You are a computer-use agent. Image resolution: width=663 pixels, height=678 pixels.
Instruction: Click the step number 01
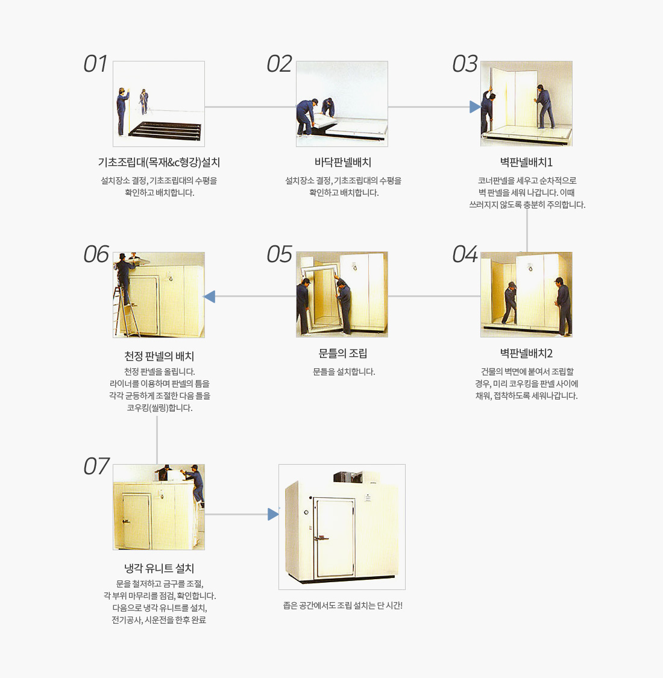pos(96,64)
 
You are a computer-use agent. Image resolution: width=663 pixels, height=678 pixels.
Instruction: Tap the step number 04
pos(465,254)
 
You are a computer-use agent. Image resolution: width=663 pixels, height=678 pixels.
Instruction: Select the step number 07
pos(96,466)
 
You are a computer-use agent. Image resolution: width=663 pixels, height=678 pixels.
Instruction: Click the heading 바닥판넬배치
pos(343,163)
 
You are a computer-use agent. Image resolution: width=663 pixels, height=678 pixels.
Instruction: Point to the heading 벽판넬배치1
pos(526,163)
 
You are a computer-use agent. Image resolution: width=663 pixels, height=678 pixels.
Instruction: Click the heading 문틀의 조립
pos(343,354)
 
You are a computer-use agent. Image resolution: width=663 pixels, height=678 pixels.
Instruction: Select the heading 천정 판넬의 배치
pos(159,356)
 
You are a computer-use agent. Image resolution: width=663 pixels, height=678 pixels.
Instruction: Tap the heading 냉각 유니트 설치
pos(159,568)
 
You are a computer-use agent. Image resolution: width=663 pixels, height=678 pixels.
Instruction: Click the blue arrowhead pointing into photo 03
pos(475,107)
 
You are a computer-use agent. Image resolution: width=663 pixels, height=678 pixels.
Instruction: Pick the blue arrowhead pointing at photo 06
pos(209,297)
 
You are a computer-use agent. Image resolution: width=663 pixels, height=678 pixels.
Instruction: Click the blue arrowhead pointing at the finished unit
pos(273,514)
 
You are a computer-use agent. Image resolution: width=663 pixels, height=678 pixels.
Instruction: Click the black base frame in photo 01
pos(166,131)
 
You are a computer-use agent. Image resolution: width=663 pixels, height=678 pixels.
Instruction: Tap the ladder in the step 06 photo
pos(125,312)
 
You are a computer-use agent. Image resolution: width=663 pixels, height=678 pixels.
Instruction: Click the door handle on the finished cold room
pos(321,538)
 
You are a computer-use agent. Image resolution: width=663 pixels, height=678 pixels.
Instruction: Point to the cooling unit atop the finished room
pos(348,477)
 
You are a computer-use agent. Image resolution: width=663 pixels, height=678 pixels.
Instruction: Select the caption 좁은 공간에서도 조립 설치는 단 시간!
pos(342,606)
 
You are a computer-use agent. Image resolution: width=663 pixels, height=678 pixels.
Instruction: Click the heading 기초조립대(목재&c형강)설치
pos(159,163)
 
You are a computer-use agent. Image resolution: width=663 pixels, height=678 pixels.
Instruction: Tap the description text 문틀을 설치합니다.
pos(344,372)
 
